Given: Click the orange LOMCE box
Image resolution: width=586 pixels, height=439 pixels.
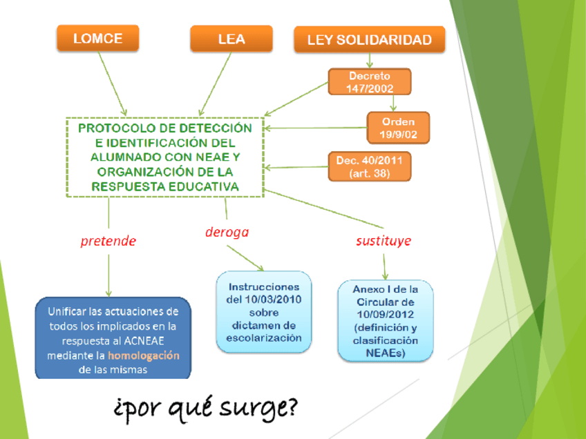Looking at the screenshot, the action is (97, 39).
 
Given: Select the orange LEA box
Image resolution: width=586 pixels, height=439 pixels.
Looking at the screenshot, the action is (231, 39).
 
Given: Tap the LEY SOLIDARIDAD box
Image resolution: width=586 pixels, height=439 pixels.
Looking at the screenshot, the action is (370, 40).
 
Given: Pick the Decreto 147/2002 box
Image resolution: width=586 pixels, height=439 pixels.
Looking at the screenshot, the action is (369, 82).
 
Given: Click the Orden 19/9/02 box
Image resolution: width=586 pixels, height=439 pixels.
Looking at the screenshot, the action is (398, 128).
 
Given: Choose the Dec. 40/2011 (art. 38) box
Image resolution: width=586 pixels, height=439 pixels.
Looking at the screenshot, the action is (369, 167).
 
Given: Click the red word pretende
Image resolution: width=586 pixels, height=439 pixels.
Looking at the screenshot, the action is (108, 242).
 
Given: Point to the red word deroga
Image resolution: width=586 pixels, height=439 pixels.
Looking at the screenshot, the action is (227, 233).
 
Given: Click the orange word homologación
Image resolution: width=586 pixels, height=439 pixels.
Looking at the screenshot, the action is (144, 356).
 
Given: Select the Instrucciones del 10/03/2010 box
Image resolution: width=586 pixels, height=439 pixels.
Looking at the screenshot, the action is (264, 312).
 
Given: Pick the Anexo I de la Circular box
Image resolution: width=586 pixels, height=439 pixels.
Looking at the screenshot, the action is (385, 321).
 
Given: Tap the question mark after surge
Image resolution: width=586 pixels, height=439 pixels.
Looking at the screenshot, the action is (290, 407).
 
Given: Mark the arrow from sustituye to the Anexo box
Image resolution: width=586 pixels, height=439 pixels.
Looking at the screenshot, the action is (384, 266).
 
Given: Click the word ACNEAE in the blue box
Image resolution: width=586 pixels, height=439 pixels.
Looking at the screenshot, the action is (158, 341).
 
